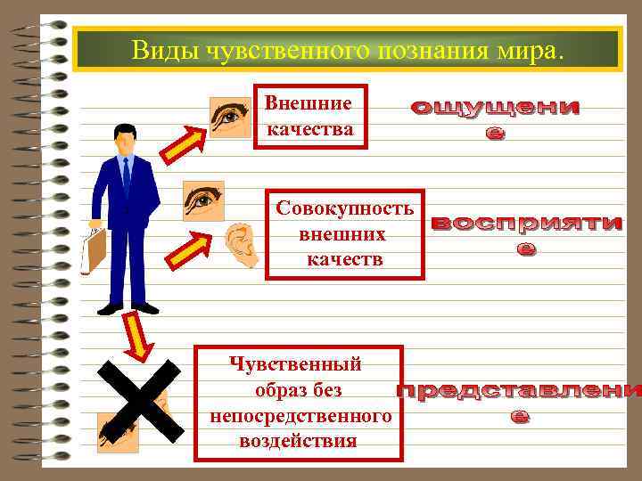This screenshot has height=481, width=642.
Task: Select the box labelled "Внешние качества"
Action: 309,116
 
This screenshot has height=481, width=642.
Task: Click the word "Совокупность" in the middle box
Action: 344,209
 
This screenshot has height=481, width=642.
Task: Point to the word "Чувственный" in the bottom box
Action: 294,363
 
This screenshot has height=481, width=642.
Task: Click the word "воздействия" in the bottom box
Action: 298,441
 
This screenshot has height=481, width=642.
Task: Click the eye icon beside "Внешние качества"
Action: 230,118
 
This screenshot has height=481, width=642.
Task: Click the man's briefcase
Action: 94,251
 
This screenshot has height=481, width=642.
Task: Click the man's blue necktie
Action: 127,176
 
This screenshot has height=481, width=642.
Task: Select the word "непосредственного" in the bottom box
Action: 300,415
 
